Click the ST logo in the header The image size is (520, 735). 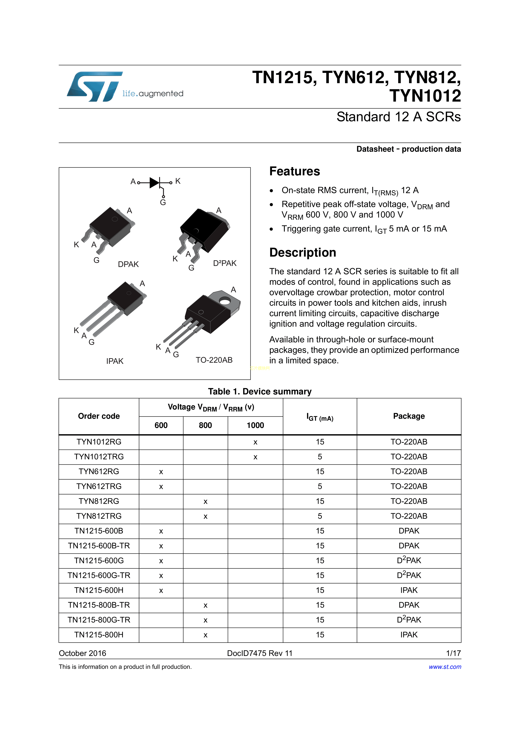click(x=95, y=87)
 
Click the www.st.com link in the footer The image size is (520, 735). click(x=445, y=667)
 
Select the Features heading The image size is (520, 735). click(x=294, y=171)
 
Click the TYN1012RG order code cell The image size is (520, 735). click(x=99, y=442)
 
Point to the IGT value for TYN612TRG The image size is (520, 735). click(x=320, y=486)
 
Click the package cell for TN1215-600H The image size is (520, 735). click(x=409, y=590)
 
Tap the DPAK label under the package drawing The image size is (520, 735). click(x=128, y=264)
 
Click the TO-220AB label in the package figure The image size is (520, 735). click(x=214, y=360)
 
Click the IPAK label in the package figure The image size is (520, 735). click(x=115, y=361)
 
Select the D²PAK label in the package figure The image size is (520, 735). click(x=225, y=263)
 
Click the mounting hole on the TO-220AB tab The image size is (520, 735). click(x=225, y=301)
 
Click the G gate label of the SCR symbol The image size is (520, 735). click(x=163, y=202)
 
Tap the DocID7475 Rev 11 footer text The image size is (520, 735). click(x=260, y=653)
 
